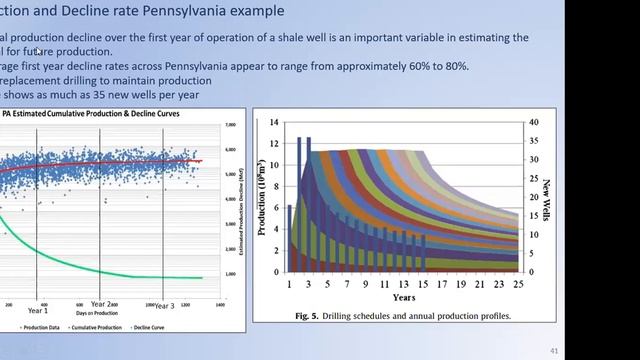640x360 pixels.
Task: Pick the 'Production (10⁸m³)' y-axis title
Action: (263, 196)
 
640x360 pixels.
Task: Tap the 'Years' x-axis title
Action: (404, 298)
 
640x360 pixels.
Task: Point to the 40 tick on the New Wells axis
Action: (533, 122)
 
